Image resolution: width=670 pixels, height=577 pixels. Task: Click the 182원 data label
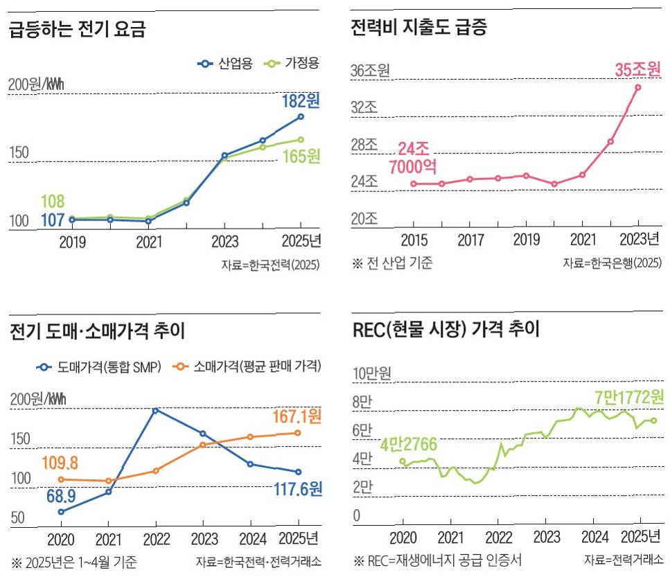(301, 101)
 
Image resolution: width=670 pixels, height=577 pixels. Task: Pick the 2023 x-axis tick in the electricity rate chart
(224, 242)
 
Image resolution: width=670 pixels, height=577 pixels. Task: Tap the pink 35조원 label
(637, 70)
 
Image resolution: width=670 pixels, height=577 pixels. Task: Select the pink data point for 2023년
(637, 87)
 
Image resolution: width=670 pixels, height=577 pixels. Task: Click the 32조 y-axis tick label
(366, 109)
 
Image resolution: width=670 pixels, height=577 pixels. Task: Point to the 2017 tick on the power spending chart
(470, 240)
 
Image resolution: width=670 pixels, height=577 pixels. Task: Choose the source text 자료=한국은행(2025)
(612, 263)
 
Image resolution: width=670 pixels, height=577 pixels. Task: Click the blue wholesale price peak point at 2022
(155, 411)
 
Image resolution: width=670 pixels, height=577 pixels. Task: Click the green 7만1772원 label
(628, 398)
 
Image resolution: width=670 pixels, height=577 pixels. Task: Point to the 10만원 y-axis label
(372, 374)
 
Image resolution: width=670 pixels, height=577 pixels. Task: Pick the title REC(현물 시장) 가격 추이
(446, 329)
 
